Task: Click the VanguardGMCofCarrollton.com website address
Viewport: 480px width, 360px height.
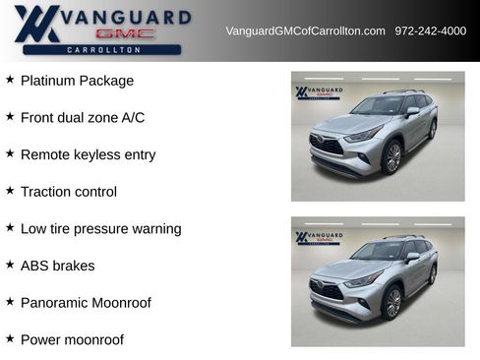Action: click(305, 31)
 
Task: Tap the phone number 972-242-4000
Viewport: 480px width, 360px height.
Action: click(430, 31)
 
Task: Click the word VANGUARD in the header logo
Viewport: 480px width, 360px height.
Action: click(125, 16)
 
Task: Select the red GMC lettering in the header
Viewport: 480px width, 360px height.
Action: click(125, 33)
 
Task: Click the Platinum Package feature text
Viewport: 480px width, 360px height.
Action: click(77, 81)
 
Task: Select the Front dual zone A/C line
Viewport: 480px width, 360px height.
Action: click(83, 118)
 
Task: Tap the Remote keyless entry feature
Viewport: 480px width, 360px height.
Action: click(88, 154)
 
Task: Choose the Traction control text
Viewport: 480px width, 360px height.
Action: click(69, 192)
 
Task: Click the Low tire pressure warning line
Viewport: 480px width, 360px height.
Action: click(100, 228)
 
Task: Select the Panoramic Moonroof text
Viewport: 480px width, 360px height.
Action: click(86, 303)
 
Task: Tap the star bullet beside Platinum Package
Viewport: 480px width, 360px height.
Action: click(10, 80)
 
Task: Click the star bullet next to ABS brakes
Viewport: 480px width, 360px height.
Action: click(10, 265)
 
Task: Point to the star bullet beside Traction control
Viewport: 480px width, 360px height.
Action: click(10, 191)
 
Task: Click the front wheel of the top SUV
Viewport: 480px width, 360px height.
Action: click(392, 157)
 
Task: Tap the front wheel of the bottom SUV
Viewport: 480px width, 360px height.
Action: click(392, 303)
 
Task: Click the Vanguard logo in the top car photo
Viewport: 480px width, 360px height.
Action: click(318, 93)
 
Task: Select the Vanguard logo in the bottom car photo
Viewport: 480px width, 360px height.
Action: click(318, 238)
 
